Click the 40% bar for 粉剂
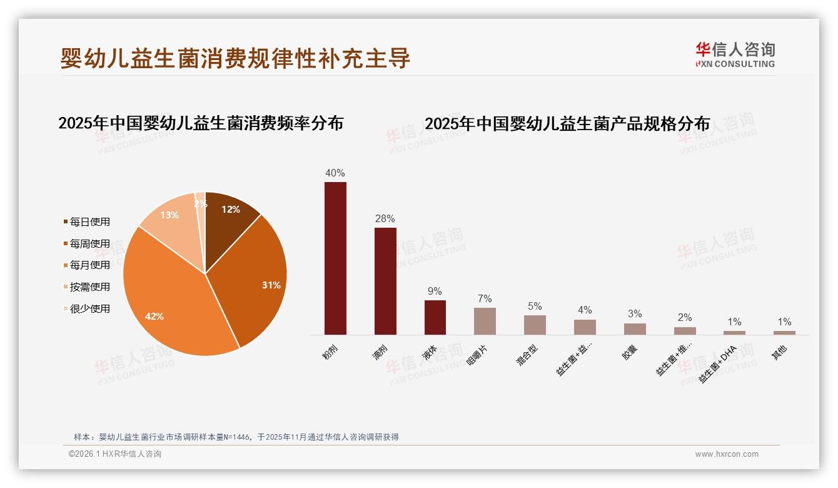point(335,258)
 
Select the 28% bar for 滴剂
point(385,281)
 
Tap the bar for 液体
point(435,317)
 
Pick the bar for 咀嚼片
point(485,321)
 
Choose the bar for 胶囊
point(635,329)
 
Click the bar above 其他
point(784,333)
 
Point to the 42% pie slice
point(169,300)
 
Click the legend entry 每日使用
point(89,222)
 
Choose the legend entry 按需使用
point(89,287)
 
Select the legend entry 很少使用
point(89,308)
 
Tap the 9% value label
point(435,292)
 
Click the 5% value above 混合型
point(535,307)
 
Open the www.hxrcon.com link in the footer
point(727,454)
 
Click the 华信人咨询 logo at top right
point(735,54)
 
